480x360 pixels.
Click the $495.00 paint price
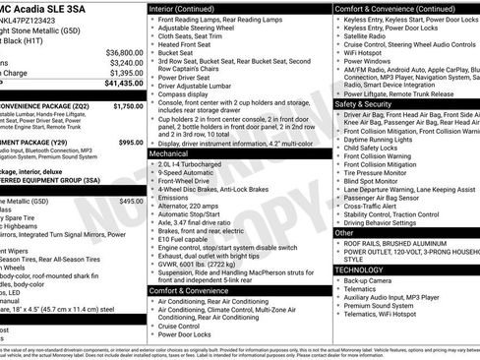pos(131,200)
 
